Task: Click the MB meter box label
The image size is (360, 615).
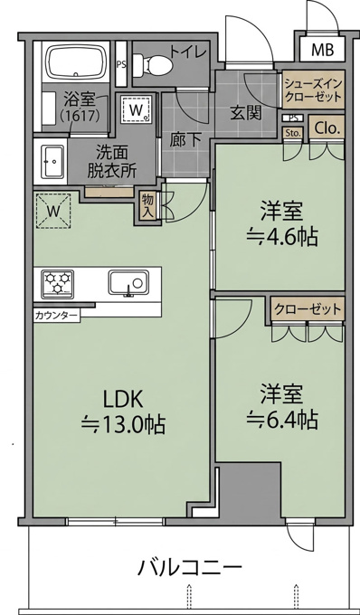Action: point(322,50)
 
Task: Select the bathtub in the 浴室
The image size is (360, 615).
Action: point(77,61)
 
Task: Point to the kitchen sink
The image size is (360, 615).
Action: point(128,282)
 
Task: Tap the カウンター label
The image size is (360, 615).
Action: point(56,315)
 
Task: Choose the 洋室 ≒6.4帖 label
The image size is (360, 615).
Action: point(281,408)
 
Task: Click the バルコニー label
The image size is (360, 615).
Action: point(189,567)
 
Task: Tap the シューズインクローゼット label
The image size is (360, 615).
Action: point(314,90)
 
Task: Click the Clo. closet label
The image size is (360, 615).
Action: point(327,128)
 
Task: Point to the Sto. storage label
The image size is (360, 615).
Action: point(294,133)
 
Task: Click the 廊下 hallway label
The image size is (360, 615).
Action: point(185,141)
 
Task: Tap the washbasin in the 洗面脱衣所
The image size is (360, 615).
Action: point(52,161)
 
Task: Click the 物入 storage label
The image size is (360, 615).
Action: point(147,203)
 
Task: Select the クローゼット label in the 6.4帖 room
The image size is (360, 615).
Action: point(308,309)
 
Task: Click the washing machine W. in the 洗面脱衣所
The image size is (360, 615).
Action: point(136,109)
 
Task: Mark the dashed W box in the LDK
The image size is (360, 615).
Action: point(53,211)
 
